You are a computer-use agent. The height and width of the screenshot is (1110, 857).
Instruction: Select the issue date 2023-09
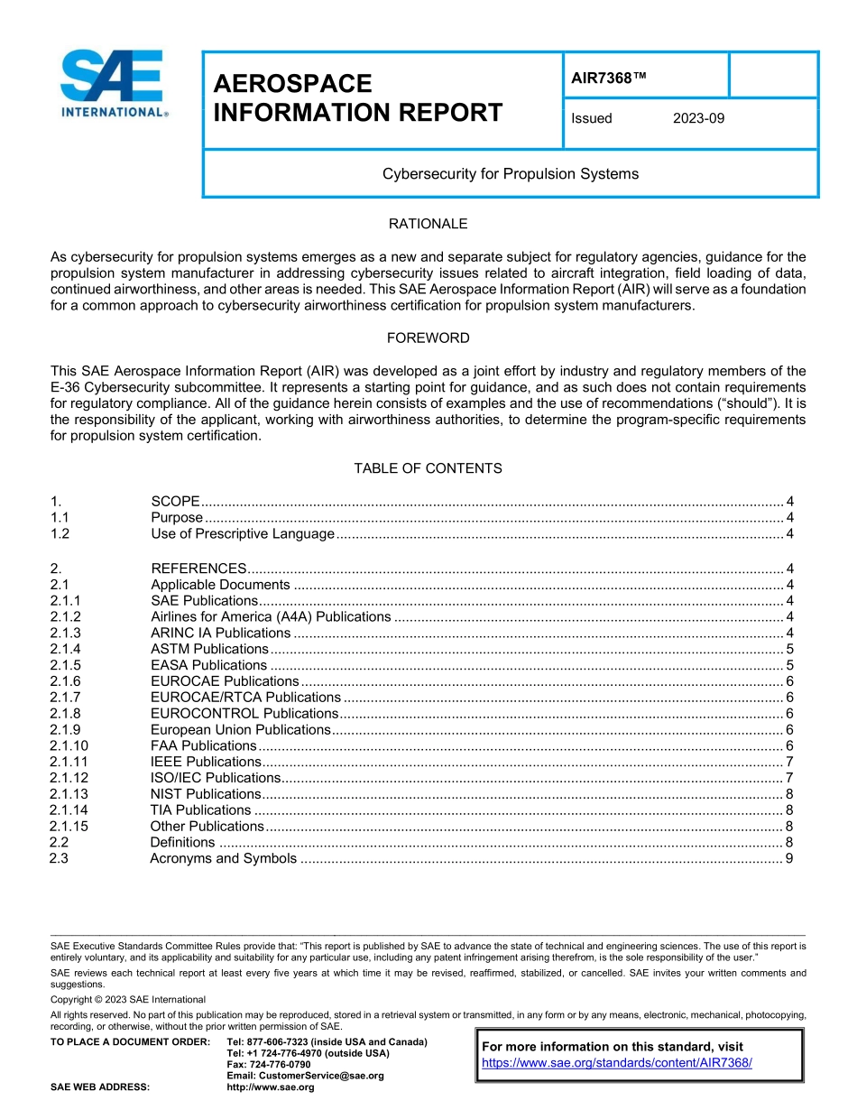[x=698, y=118]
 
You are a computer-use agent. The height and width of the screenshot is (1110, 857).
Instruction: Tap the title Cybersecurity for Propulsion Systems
[x=510, y=173]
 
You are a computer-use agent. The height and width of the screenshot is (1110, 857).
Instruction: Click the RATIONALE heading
[x=428, y=224]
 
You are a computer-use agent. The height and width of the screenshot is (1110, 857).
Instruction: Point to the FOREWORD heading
[x=428, y=338]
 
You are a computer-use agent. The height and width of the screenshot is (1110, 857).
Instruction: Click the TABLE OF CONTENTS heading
[x=428, y=468]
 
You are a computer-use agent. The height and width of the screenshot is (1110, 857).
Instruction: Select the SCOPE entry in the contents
[x=175, y=501]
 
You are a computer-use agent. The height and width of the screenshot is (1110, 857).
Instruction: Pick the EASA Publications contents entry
[x=208, y=665]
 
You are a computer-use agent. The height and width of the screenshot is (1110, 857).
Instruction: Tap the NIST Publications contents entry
[x=205, y=794]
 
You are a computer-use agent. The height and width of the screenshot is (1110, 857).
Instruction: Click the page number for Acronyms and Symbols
[x=789, y=858]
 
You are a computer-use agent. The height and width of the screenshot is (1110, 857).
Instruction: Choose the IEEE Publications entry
[x=206, y=762]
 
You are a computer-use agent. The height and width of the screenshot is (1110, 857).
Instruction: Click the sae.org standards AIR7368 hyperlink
[x=617, y=1063]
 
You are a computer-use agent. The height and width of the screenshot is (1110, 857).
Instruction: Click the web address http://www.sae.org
[x=271, y=1087]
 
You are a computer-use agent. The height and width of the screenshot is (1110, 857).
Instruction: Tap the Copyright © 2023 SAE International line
[x=128, y=999]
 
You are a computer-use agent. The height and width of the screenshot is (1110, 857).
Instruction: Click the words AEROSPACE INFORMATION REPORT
[x=357, y=98]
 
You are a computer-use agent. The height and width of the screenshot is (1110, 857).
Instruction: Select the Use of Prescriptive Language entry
[x=242, y=533]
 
